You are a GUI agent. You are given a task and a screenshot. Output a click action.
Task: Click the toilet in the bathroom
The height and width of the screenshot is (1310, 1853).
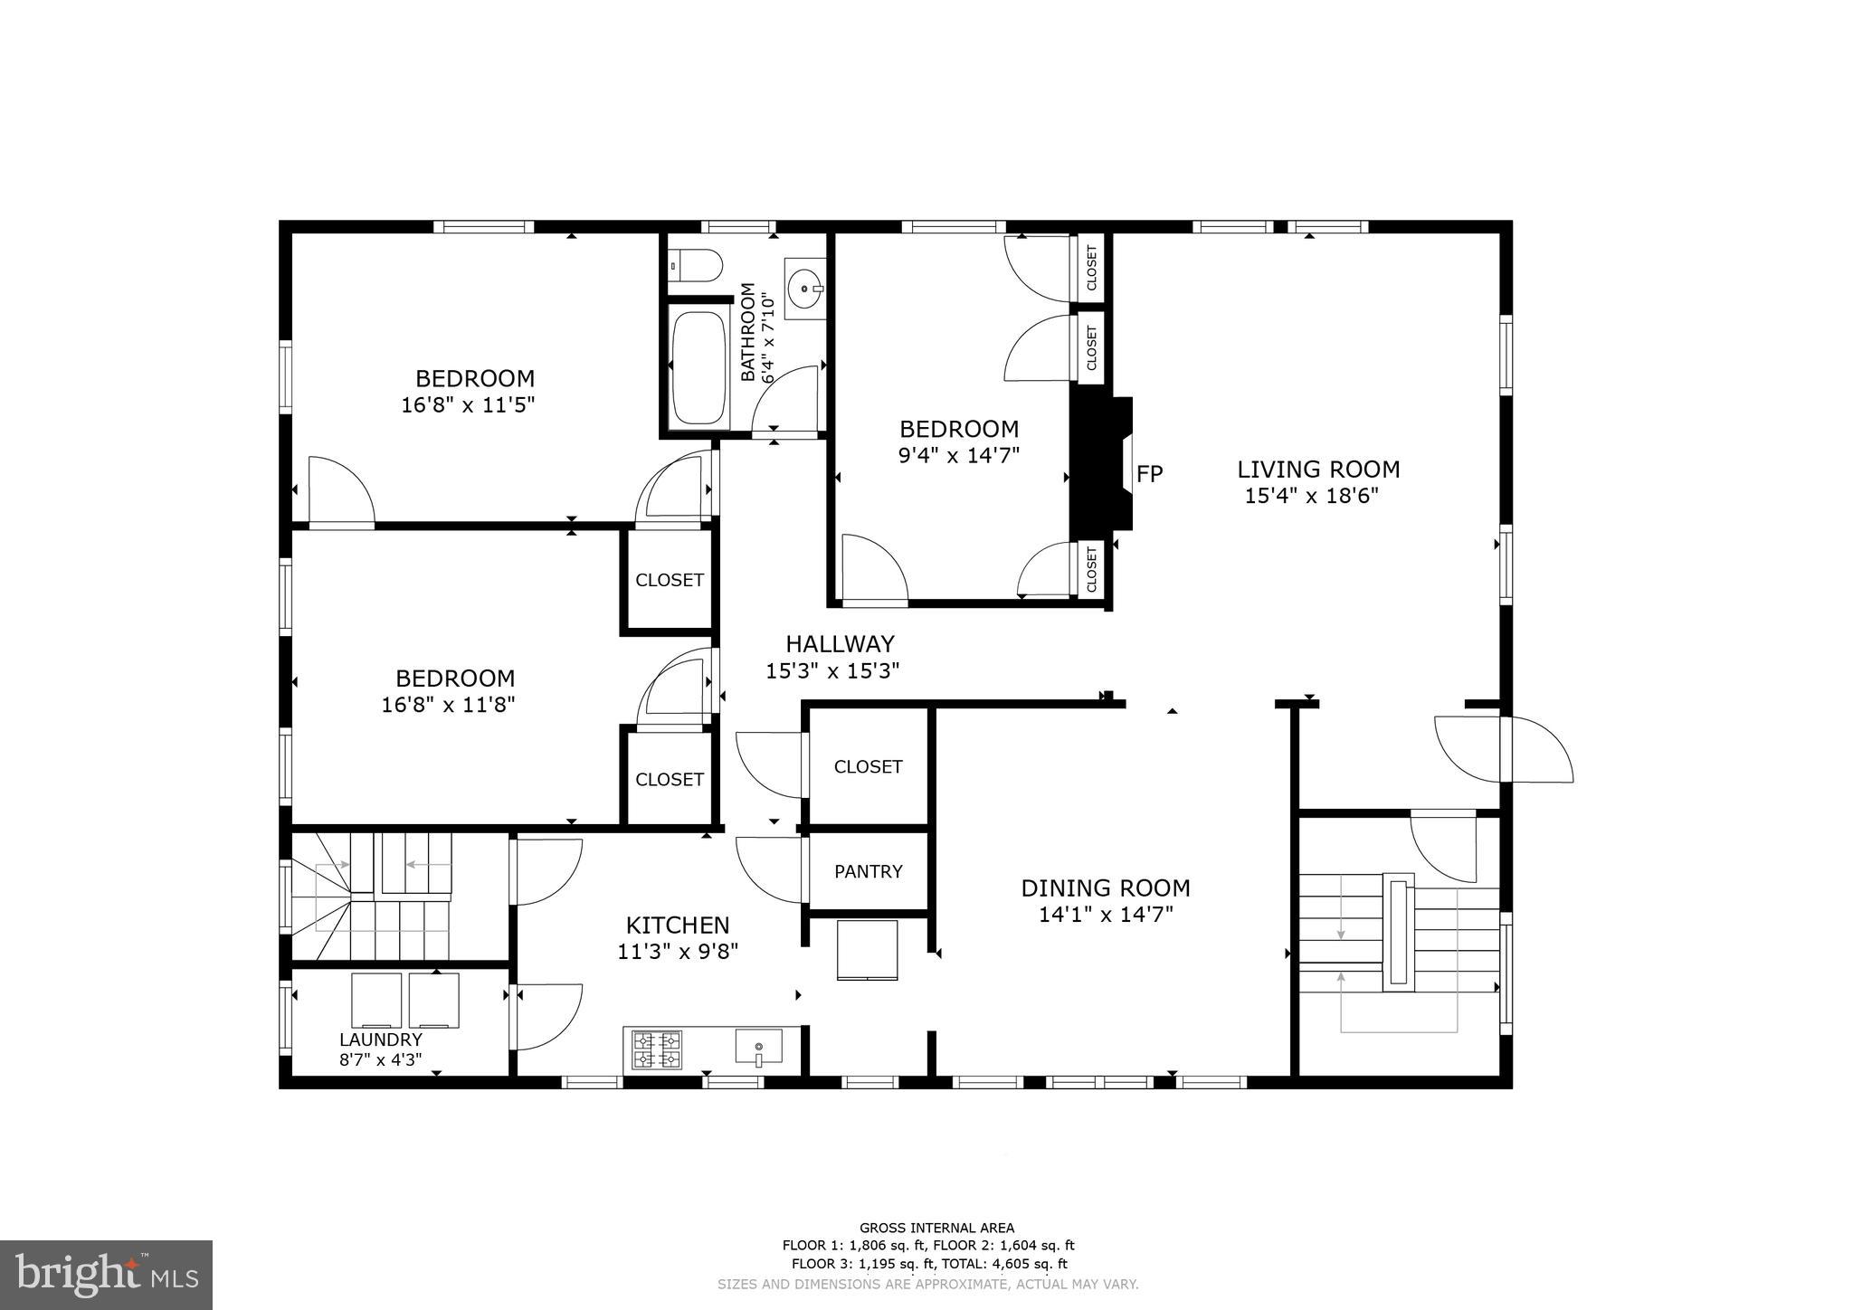(x=697, y=266)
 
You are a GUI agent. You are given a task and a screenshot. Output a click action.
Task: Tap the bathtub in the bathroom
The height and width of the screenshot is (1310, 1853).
(x=699, y=369)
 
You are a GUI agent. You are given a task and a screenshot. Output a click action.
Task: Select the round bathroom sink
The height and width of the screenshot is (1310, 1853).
(x=804, y=289)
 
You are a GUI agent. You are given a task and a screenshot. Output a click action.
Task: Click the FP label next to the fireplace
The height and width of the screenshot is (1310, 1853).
(x=1149, y=474)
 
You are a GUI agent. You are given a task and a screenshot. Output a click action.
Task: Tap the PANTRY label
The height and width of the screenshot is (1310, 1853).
(x=868, y=871)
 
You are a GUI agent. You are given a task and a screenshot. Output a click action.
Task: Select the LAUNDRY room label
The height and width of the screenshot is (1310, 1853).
(x=380, y=1039)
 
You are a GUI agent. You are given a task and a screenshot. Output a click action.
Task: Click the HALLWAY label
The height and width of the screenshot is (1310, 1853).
(x=840, y=644)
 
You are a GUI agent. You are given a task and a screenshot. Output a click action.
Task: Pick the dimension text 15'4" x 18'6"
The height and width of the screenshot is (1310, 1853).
(x=1311, y=496)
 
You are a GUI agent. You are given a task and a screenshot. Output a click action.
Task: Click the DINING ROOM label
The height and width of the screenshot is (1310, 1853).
(x=1106, y=888)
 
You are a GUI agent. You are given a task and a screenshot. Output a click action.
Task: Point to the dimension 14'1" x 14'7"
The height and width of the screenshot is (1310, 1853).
(x=1106, y=915)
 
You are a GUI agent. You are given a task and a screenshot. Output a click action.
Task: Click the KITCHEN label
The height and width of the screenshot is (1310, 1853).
(x=678, y=926)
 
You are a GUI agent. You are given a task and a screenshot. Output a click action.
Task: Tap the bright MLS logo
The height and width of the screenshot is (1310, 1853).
(x=106, y=1275)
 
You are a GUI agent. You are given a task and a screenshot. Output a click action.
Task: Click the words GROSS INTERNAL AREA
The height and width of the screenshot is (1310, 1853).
(x=936, y=1228)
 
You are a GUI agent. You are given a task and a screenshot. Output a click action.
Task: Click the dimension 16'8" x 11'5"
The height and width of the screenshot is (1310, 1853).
(x=468, y=404)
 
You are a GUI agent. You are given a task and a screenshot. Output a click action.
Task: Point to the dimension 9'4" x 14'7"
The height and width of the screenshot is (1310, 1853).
(x=958, y=455)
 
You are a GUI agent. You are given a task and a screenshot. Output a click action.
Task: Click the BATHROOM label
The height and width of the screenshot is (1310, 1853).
(x=748, y=332)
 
